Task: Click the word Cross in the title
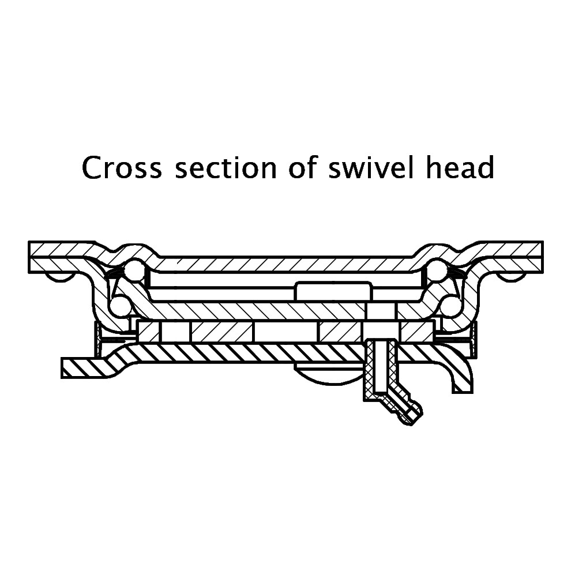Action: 122,167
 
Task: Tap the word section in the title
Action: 226,167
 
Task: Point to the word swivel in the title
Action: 371,167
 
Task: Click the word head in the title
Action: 460,167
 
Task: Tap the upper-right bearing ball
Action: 438,269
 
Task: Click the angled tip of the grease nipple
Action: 414,416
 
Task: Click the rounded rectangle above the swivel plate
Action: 334,291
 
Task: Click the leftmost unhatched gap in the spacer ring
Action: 175,332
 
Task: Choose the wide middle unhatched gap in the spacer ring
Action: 286,332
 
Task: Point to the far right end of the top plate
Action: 543,257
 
